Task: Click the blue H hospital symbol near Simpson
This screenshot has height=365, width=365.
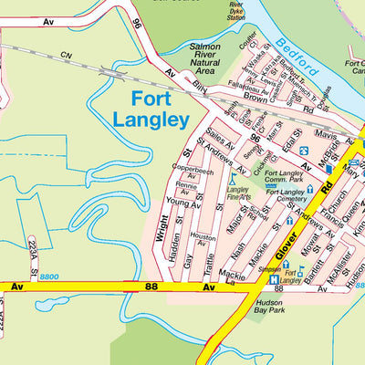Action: point(273,279)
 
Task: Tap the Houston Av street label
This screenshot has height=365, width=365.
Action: point(203,240)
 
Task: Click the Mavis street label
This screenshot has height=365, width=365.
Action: point(325,133)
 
